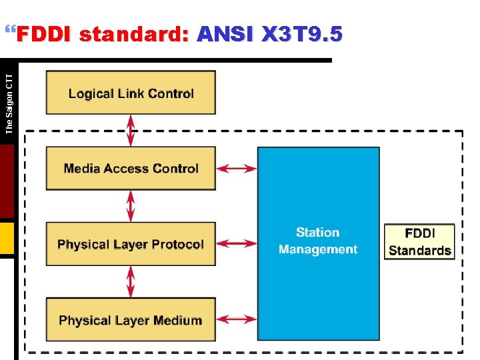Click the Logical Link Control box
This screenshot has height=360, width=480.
point(131,93)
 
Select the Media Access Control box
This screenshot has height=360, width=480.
point(131,169)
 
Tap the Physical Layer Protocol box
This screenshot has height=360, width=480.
point(131,244)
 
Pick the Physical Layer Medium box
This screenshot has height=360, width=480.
point(131,320)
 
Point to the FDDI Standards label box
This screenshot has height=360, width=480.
point(419,241)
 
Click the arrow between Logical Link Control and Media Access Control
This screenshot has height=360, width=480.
point(131,131)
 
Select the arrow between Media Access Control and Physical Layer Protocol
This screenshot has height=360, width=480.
point(131,206)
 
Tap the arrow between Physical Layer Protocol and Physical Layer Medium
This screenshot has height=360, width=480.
point(131,281)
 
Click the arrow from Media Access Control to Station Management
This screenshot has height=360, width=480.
point(237,169)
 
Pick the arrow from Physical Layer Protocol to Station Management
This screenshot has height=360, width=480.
point(237,244)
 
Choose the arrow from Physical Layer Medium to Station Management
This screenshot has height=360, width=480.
point(237,320)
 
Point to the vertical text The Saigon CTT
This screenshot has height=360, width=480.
point(9,103)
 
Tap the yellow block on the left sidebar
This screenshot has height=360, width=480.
point(7,238)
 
